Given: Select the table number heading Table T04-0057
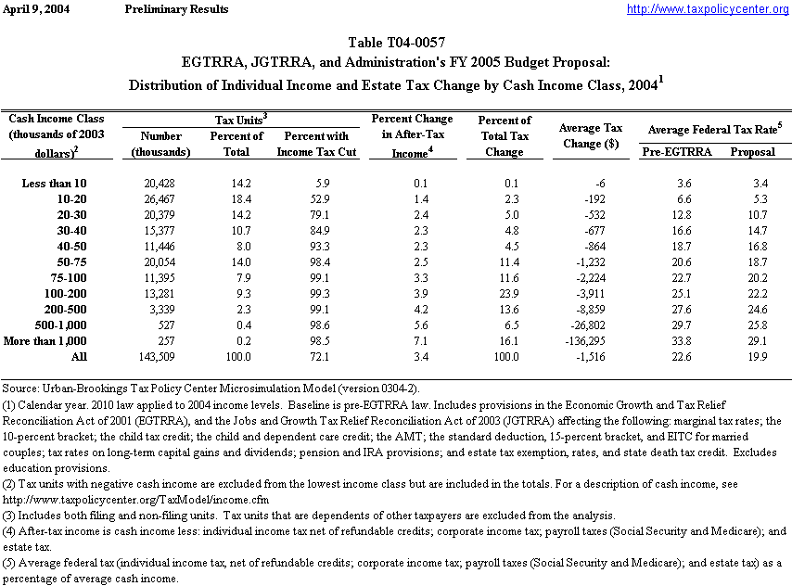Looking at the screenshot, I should pos(396,43).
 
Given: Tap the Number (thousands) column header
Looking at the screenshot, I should pos(161,144).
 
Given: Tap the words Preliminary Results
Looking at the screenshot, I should pos(175,9).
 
